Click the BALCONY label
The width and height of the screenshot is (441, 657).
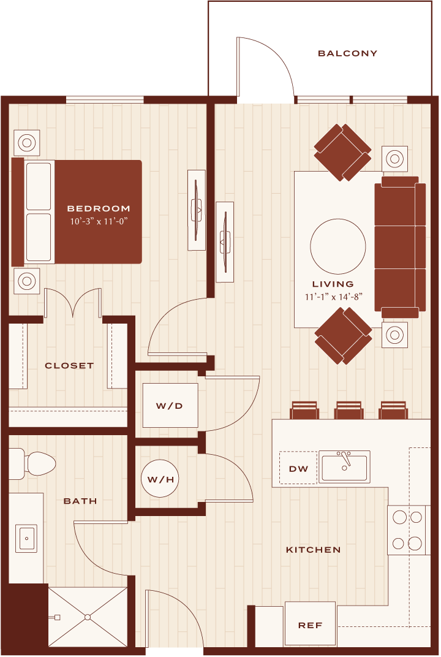click(x=348, y=53)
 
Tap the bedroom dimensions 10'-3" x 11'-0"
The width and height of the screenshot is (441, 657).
click(x=99, y=221)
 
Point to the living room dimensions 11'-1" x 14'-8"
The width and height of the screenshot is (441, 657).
click(x=333, y=297)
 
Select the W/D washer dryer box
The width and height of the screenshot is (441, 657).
click(x=170, y=405)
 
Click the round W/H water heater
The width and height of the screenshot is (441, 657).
click(x=160, y=479)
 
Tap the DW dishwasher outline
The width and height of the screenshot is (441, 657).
click(x=298, y=468)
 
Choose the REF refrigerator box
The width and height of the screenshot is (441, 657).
click(x=310, y=625)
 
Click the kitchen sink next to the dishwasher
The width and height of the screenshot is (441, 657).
click(x=344, y=466)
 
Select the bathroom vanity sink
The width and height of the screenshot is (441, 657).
click(x=26, y=538)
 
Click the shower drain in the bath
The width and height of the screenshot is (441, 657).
click(x=88, y=617)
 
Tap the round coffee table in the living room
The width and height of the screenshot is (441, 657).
click(x=338, y=246)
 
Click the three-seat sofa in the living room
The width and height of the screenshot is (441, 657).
click(x=400, y=247)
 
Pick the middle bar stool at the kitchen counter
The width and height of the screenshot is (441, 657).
click(x=349, y=410)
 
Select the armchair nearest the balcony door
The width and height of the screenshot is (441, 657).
click(x=342, y=152)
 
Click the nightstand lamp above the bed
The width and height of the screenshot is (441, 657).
click(x=27, y=142)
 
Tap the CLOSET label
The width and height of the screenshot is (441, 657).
click(x=69, y=366)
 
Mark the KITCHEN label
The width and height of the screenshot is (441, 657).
click(x=313, y=550)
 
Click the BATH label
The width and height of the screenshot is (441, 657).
click(x=80, y=501)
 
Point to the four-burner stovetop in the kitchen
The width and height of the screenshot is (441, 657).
click(x=407, y=530)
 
